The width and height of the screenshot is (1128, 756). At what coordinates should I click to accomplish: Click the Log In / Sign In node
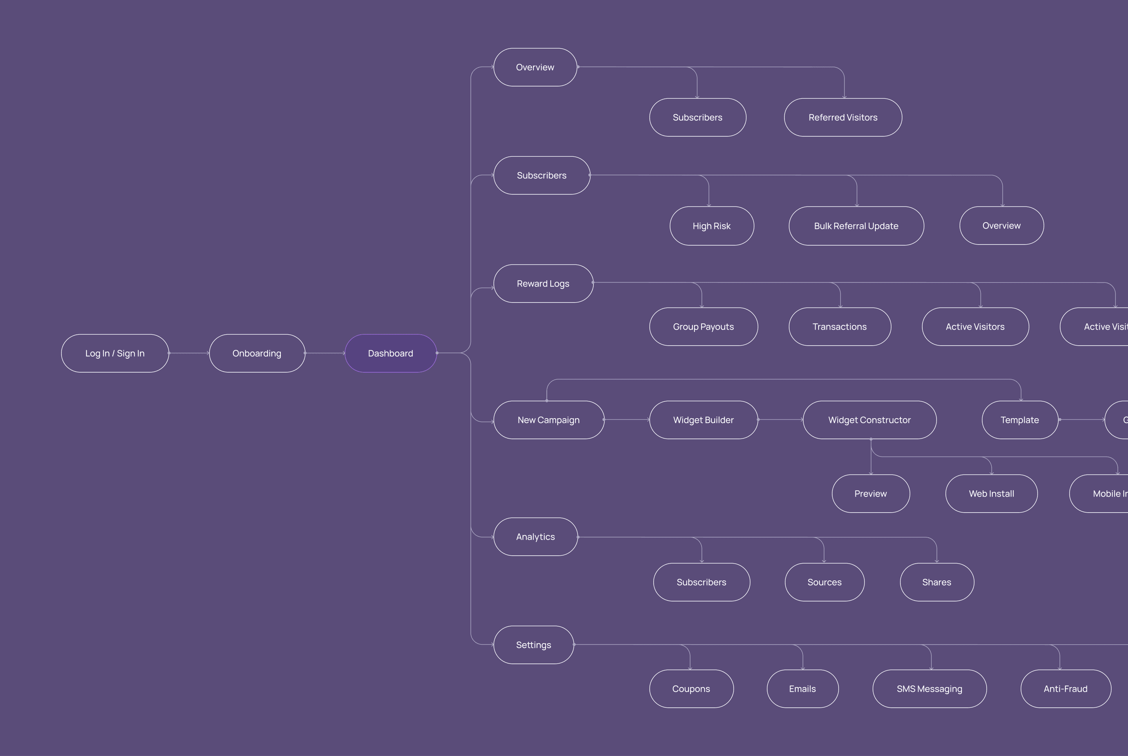(x=115, y=354)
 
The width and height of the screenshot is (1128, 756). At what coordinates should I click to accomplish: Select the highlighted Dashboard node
(x=390, y=354)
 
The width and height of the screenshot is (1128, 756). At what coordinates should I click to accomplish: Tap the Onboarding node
(x=257, y=354)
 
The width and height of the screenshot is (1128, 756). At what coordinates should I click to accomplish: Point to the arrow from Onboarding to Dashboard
(x=325, y=354)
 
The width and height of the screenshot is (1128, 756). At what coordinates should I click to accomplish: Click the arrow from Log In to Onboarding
(x=189, y=354)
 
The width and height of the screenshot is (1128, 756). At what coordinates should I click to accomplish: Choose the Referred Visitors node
(x=843, y=118)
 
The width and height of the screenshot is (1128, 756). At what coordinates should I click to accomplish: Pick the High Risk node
(x=711, y=226)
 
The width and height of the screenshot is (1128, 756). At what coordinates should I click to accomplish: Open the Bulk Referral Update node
(x=856, y=226)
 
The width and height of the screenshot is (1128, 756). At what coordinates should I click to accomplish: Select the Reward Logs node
(x=543, y=283)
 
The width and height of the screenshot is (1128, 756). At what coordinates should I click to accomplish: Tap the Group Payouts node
(x=703, y=327)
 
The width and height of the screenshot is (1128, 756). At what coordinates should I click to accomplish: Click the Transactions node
(x=839, y=327)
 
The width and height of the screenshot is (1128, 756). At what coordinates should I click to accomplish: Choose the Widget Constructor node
(x=869, y=420)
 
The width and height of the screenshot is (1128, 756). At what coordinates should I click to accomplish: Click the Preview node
(x=870, y=494)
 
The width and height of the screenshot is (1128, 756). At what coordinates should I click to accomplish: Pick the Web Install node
(x=991, y=494)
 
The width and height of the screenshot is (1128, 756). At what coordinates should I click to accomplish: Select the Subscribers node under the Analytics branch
(x=701, y=582)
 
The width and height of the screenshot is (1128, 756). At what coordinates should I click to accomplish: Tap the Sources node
(x=824, y=582)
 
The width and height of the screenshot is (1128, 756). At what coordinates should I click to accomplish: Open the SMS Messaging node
(x=929, y=689)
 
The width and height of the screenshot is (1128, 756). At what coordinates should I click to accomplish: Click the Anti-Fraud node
(x=1065, y=689)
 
